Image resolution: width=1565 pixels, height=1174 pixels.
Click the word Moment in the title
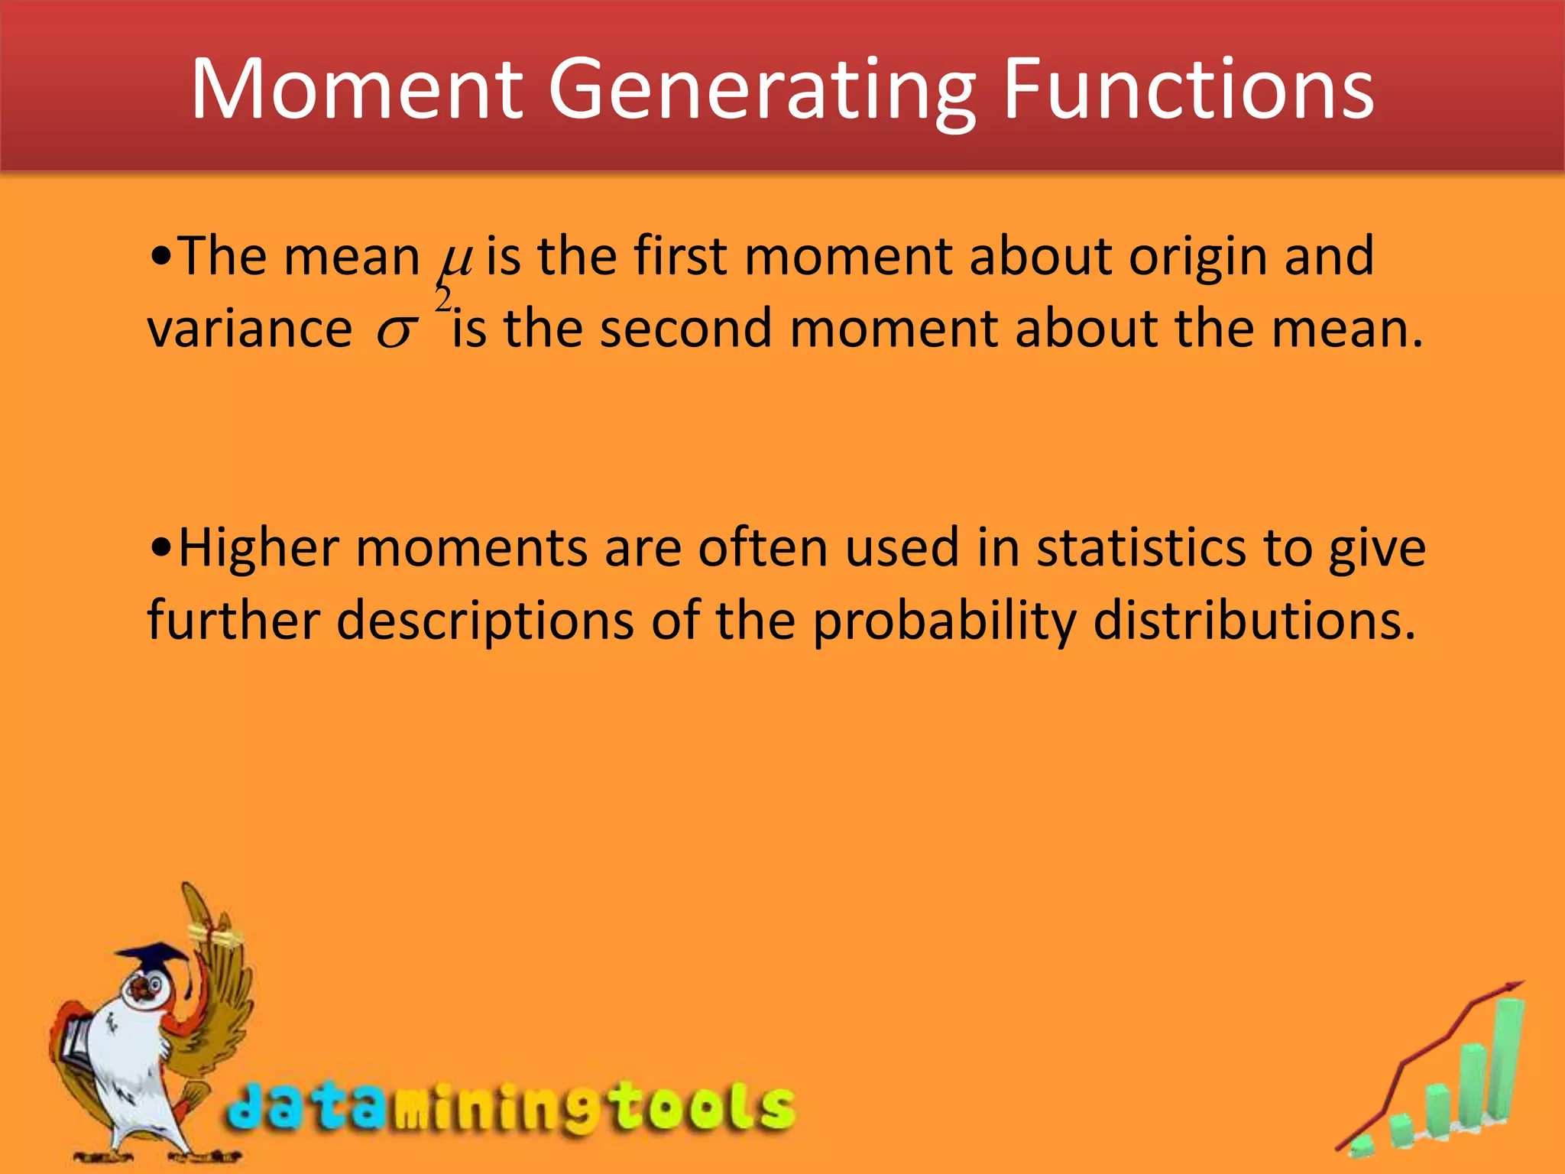point(357,89)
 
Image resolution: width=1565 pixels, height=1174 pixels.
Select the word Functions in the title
point(1188,89)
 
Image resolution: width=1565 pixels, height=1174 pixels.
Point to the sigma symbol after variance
point(397,331)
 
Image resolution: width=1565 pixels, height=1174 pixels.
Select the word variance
point(249,329)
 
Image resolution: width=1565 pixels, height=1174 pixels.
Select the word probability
point(944,621)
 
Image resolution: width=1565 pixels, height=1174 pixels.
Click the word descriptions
point(485,621)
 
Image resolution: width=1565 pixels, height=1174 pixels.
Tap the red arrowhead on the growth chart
point(1512,988)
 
